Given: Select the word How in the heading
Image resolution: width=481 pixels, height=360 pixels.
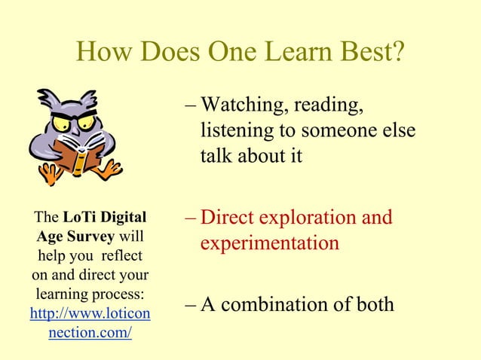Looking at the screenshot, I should [x=104, y=53].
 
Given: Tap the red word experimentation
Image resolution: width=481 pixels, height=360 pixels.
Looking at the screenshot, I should [x=269, y=244].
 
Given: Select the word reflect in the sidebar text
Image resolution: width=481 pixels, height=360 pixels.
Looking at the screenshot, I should [x=122, y=255].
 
